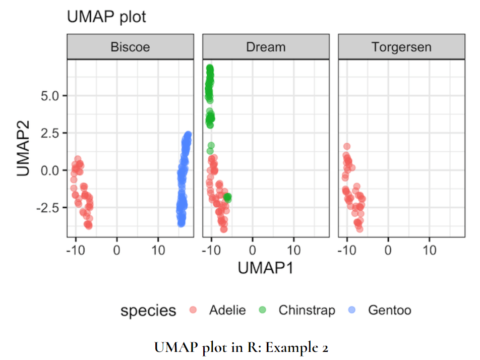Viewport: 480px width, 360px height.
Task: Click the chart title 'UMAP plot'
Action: (106, 17)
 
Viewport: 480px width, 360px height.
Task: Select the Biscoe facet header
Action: (130, 47)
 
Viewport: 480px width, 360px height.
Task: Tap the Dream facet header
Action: (266, 47)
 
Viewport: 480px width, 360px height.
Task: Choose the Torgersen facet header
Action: (401, 47)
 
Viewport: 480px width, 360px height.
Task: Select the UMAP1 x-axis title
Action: (265, 268)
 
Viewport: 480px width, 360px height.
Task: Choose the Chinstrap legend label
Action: (307, 310)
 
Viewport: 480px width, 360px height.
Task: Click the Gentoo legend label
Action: (390, 310)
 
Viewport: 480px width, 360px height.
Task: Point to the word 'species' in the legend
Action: (148, 311)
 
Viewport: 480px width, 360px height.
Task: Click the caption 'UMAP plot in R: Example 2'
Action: (242, 347)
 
